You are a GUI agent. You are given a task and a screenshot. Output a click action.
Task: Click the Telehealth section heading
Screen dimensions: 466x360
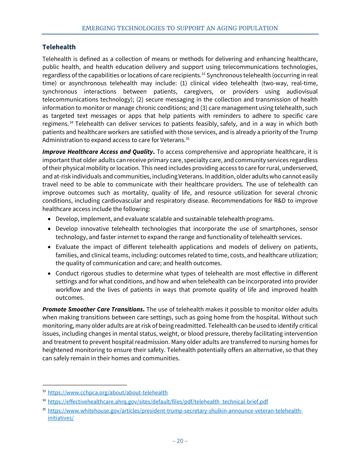(x=59, y=47)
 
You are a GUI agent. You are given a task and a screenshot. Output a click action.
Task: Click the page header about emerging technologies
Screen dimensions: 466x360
(x=180, y=28)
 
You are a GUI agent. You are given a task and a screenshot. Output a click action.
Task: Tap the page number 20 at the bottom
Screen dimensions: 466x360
(x=180, y=441)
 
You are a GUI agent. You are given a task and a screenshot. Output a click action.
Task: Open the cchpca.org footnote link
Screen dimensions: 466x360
(x=108, y=393)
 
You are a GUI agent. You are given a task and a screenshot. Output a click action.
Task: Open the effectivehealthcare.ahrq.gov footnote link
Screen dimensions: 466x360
(x=158, y=402)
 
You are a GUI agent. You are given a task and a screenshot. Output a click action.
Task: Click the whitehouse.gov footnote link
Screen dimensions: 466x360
(x=175, y=411)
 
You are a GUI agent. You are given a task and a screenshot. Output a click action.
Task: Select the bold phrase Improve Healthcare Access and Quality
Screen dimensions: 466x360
(x=98, y=152)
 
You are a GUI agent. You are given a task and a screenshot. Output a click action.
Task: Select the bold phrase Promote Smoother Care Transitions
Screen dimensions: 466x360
(x=93, y=310)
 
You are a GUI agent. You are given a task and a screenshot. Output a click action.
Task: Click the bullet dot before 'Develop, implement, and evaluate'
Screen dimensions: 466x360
(x=50, y=219)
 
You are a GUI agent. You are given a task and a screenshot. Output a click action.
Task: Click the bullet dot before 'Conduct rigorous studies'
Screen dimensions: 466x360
(x=50, y=274)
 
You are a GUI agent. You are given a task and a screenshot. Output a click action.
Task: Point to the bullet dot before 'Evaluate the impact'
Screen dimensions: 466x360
(x=50, y=247)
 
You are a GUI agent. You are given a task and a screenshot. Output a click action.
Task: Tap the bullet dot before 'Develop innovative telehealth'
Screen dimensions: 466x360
(x=50, y=229)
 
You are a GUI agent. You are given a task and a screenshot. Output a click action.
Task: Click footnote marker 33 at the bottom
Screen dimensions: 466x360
(x=44, y=391)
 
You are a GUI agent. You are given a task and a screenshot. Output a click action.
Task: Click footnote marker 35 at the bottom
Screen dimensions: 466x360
(x=44, y=410)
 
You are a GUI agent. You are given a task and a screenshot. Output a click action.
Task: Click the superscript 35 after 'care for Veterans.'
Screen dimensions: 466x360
(x=187, y=139)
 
